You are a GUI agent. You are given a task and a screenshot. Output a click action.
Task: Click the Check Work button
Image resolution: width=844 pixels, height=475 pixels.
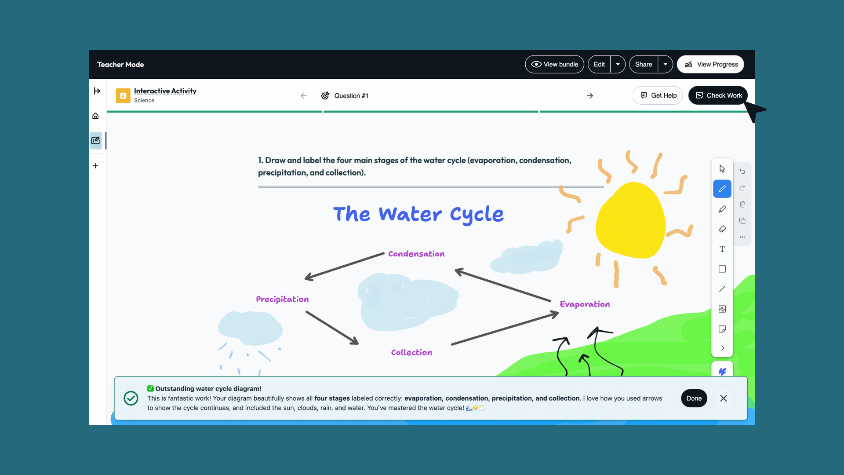click(718, 95)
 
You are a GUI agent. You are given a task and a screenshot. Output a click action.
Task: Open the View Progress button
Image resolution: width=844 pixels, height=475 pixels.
click(710, 64)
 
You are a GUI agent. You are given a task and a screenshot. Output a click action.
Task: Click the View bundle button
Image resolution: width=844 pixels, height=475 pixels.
click(554, 64)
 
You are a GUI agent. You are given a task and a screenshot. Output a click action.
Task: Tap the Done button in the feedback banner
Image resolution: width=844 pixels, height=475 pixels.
click(694, 398)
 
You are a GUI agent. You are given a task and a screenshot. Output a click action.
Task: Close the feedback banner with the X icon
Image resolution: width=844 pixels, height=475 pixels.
click(724, 398)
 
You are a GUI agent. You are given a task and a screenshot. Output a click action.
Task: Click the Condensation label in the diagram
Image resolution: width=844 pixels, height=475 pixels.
click(416, 254)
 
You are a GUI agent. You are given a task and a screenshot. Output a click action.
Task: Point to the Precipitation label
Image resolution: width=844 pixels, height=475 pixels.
click(282, 299)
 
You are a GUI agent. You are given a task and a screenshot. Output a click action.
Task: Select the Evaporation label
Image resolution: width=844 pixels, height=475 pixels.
click(585, 304)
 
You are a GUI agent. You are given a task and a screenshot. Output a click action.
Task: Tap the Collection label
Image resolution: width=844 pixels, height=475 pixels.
click(411, 352)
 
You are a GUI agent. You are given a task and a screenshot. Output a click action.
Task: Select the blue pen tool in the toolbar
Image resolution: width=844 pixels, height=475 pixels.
click(722, 189)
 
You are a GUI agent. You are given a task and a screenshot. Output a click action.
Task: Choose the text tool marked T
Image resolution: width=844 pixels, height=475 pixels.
click(722, 249)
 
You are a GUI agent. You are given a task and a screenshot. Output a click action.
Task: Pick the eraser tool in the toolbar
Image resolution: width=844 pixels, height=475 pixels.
click(722, 229)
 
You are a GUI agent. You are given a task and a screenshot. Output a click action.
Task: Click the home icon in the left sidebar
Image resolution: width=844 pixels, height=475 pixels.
click(95, 116)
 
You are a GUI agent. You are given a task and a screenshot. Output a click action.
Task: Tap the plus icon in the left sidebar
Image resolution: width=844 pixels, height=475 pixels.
click(95, 166)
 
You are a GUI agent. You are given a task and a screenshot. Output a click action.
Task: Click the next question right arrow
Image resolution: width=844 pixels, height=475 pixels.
click(590, 96)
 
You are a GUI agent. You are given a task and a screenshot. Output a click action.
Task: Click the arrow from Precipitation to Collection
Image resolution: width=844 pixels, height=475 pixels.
click(332, 328)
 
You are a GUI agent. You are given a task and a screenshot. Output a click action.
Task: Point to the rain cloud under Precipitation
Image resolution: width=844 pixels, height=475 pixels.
click(250, 328)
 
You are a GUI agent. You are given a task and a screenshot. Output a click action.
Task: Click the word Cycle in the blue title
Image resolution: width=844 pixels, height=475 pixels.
click(477, 215)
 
